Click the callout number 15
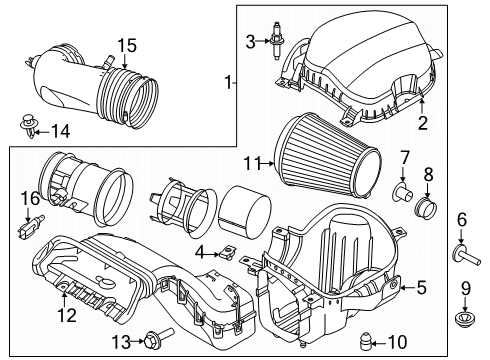125,45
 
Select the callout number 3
251,40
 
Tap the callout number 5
421,287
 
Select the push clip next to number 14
31,126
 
